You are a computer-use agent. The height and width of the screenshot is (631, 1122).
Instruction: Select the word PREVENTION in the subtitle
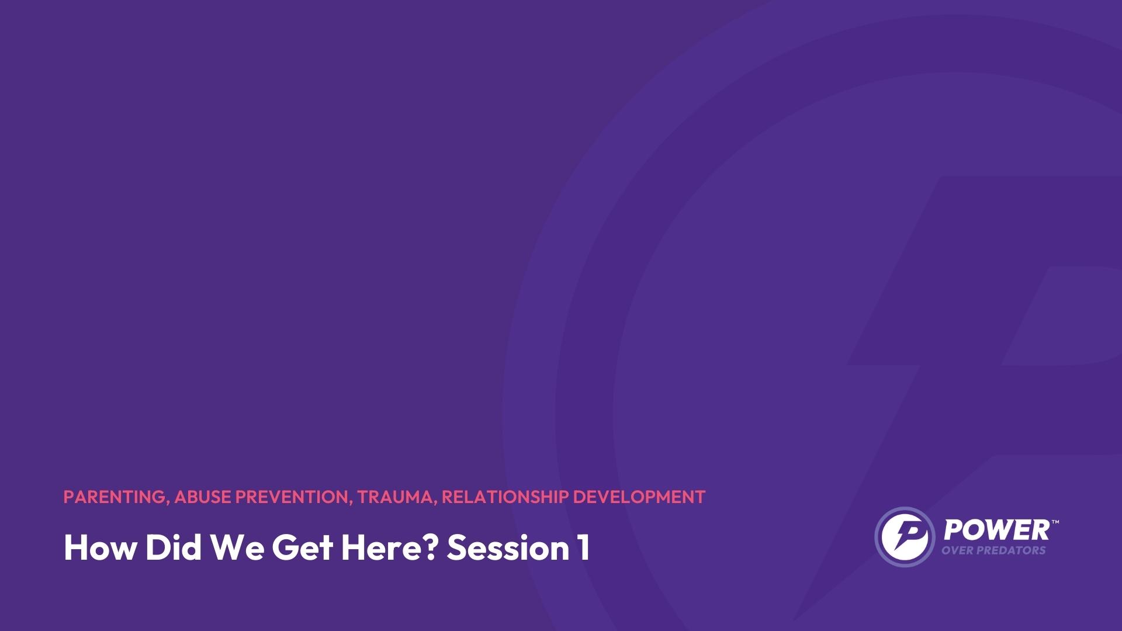292,497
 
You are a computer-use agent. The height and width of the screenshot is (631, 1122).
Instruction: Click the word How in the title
99,547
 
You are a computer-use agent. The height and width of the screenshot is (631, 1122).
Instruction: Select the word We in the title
237,547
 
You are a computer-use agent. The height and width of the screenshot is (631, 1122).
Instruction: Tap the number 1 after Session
583,547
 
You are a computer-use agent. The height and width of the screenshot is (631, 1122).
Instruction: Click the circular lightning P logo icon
905,536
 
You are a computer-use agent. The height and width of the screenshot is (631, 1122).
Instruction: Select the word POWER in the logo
997,531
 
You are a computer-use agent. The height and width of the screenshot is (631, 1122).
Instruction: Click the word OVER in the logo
955,550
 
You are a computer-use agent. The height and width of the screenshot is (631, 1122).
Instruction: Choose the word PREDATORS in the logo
1009,550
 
